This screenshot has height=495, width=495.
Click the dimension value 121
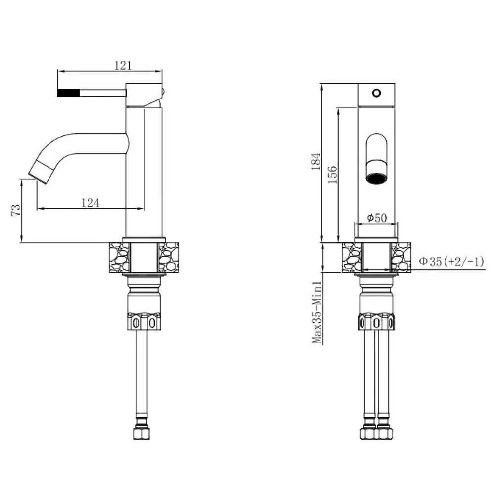tap(123, 66)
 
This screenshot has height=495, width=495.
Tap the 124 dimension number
tap(90, 202)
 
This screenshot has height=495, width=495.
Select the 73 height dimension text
tap(15, 210)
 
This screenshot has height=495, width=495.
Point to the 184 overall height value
tap(316, 162)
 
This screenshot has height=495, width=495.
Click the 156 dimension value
tap(332, 175)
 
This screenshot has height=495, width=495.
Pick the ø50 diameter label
tap(377, 217)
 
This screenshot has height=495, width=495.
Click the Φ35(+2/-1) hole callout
tap(451, 261)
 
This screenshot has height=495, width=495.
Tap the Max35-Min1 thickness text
tap(317, 312)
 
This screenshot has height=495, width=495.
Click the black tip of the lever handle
tap(68, 93)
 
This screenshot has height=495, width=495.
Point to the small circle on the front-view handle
tap(376, 93)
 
